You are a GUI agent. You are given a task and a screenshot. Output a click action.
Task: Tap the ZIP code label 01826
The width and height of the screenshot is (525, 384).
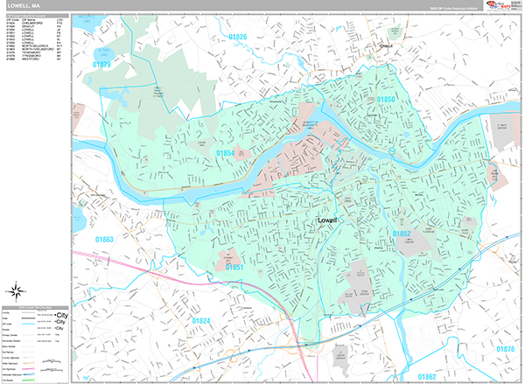(239, 38)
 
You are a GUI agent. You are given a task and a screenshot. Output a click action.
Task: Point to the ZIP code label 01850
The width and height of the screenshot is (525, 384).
(387, 101)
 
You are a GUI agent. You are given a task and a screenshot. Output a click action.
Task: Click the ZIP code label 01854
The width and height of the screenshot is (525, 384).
(225, 152)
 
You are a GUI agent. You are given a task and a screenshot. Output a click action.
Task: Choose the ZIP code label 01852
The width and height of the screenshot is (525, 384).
(402, 234)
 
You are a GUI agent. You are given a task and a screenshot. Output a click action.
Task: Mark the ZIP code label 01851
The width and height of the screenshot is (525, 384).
(234, 268)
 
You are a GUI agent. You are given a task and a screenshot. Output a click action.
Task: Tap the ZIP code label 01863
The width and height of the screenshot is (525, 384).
(104, 239)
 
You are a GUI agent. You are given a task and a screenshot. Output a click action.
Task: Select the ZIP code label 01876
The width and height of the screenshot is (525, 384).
(505, 349)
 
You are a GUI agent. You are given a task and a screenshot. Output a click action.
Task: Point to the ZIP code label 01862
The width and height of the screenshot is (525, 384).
(426, 376)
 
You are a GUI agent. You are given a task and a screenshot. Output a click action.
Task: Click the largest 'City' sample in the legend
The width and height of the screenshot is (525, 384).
(60, 314)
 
